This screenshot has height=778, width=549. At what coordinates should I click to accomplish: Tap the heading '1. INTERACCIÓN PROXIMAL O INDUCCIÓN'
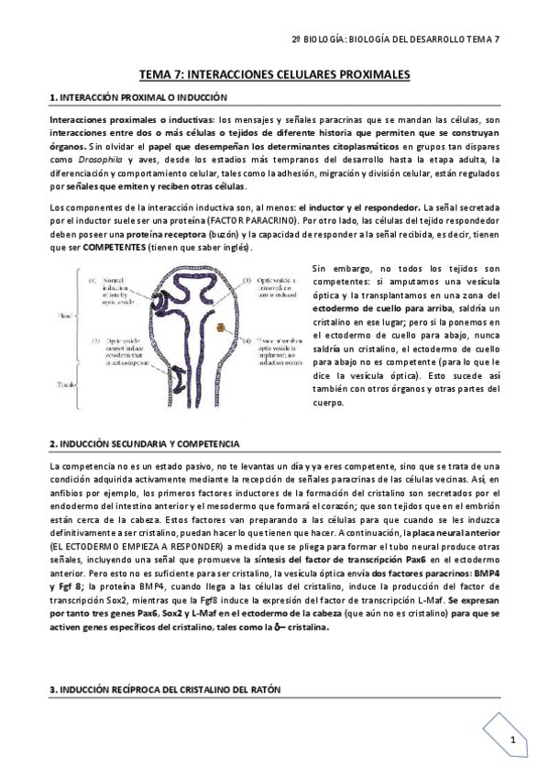pos(138,97)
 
